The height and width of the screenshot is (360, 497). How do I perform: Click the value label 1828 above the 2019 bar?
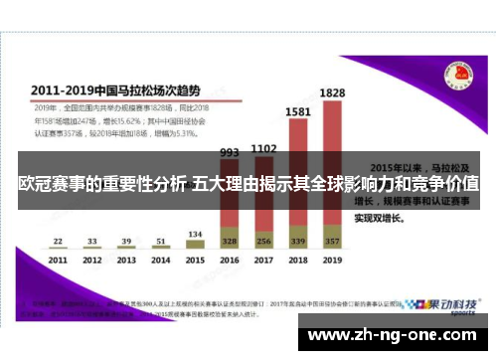[332, 91]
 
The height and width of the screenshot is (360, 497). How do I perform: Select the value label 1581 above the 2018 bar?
[297, 112]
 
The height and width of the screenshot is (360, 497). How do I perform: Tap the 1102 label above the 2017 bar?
[262, 148]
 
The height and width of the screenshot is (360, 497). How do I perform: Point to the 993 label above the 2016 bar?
[229, 152]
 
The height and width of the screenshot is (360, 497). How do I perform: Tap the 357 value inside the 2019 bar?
[331, 242]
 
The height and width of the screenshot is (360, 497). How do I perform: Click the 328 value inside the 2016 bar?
[229, 242]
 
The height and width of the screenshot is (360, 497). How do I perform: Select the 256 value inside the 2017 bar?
[262, 242]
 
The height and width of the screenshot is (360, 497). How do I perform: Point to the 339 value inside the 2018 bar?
[297, 242]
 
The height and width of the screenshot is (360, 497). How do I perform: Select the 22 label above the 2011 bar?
[59, 240]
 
